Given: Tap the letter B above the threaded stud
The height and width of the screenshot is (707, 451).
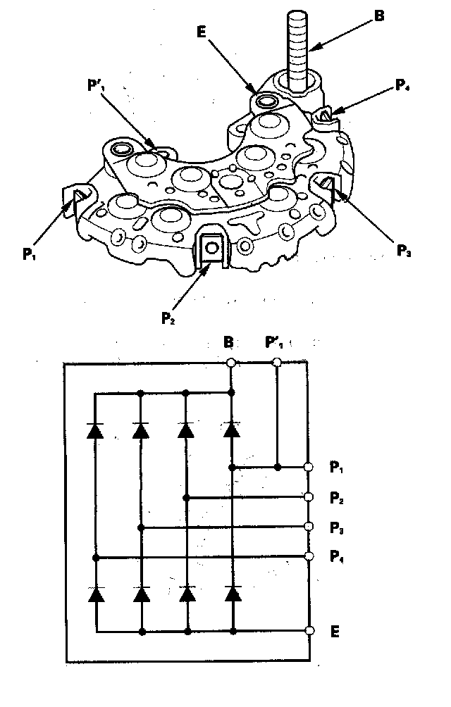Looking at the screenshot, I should [x=378, y=16].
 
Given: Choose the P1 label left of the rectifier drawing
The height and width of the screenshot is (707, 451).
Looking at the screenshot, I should [x=28, y=253].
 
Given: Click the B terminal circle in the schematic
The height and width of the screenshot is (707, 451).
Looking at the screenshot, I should [x=230, y=363].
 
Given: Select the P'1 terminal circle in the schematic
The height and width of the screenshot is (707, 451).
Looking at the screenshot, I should [x=277, y=363].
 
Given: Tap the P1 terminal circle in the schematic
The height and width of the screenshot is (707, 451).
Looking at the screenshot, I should [x=308, y=467].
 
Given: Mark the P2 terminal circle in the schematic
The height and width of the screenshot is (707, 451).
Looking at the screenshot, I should [x=308, y=497].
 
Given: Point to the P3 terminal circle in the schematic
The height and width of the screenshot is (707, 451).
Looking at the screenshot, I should [x=308, y=527].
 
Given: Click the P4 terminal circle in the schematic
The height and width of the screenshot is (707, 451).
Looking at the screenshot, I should [x=308, y=556].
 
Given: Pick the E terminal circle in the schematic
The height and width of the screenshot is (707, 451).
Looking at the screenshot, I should [x=308, y=630].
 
